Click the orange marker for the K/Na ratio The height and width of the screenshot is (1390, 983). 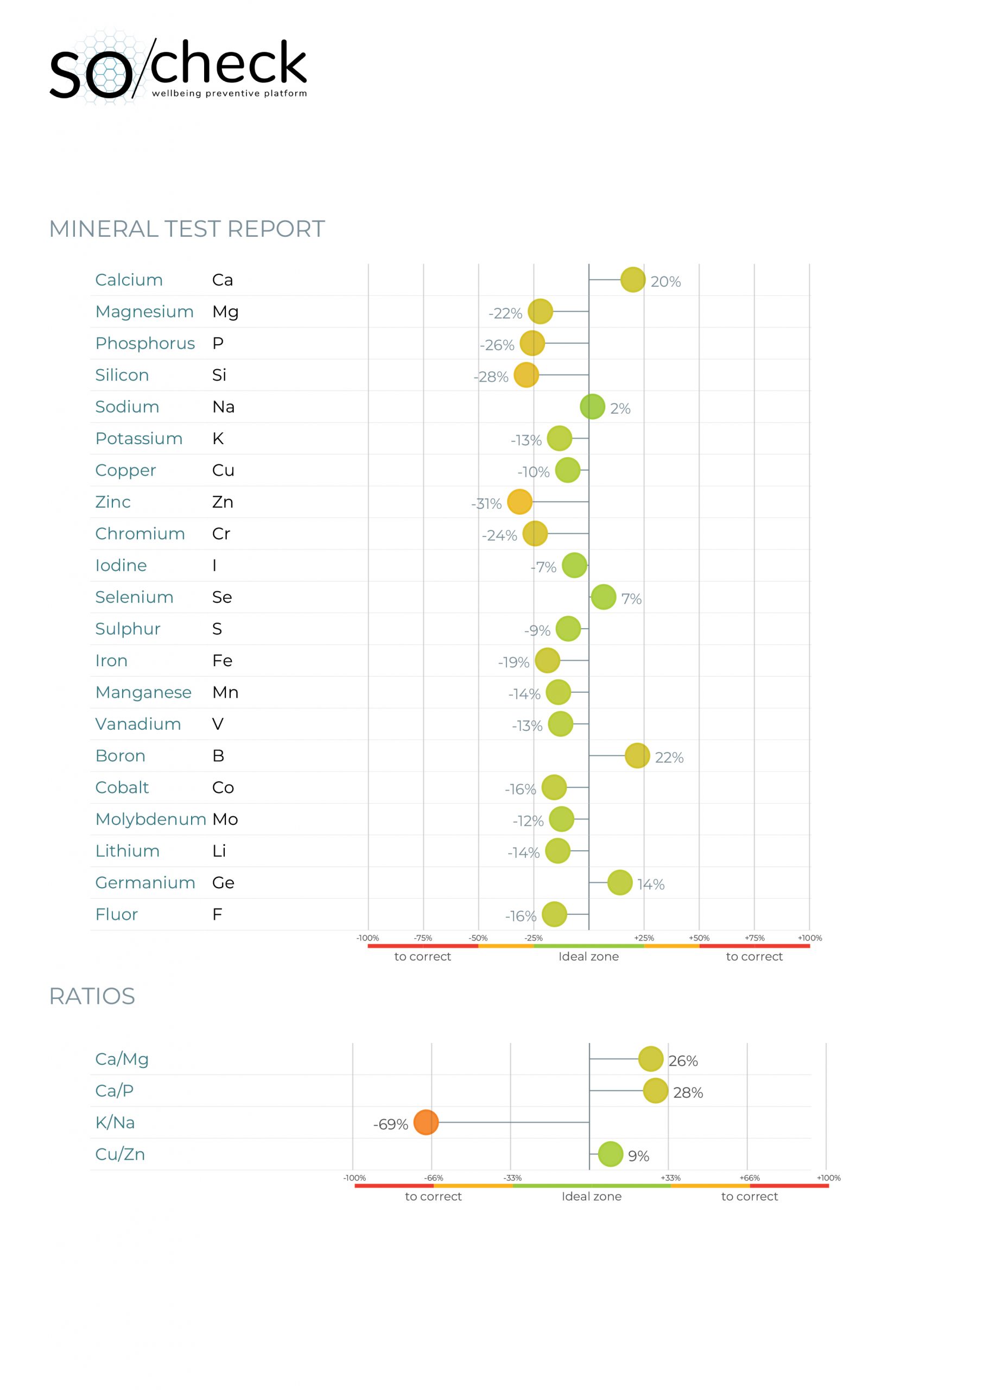pos(426,1122)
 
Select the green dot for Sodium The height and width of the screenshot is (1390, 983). pos(592,406)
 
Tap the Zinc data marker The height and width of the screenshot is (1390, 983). pos(519,501)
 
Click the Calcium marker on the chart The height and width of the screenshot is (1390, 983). pos(632,279)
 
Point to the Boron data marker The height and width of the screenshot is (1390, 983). pos(637,755)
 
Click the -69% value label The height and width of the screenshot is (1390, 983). pos(390,1124)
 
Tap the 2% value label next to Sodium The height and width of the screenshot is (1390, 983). pos(620,409)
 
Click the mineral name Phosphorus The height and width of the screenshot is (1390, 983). pos(145,343)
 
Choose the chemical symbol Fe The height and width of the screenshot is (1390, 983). pos(222,660)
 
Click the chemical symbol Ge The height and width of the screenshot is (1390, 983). pos(223,883)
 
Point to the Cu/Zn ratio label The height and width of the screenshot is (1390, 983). pos(120,1154)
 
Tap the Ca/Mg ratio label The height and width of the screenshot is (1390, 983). pos(122,1059)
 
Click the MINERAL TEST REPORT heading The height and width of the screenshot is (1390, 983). pos(187,229)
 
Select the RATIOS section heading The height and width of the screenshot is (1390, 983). pos(92,996)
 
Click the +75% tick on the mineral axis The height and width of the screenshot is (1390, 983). pos(754,938)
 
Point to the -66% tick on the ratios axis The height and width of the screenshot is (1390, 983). pos(433,1178)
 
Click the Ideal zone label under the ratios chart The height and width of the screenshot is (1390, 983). pos(591,1196)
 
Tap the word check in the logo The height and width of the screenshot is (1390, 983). pos(227,63)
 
